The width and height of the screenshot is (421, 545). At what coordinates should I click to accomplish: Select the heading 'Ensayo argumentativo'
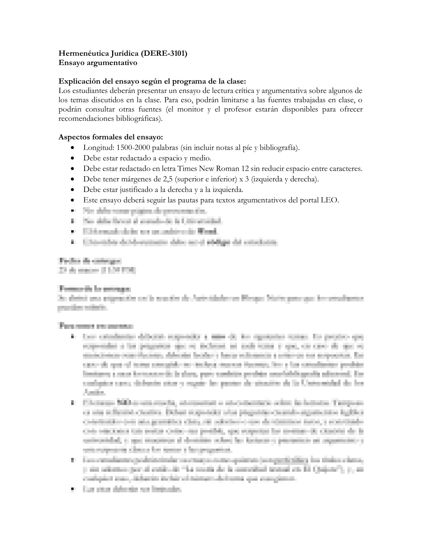pyautogui.click(x=98, y=63)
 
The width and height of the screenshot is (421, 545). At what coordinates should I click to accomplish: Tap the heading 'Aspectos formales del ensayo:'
pyautogui.click(x=110, y=137)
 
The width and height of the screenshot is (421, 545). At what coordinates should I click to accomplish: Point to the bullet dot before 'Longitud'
pyautogui.click(x=72, y=148)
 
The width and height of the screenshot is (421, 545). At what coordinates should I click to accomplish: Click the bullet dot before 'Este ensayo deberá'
pyautogui.click(x=72, y=200)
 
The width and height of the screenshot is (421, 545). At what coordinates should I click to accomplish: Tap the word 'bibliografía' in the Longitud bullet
pyautogui.click(x=278, y=148)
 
